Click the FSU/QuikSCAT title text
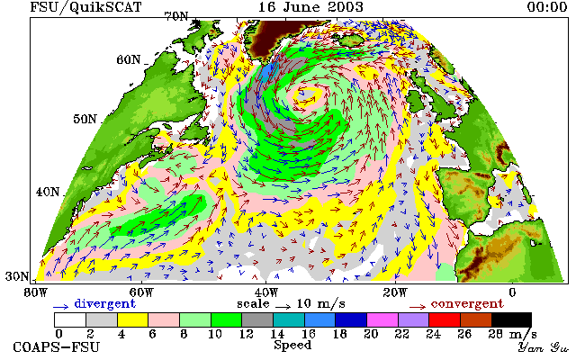(x=85, y=7)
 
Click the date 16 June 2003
(x=310, y=7)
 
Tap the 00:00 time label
(x=547, y=7)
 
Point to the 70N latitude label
(x=176, y=16)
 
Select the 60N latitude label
(x=129, y=59)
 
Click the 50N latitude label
(x=85, y=119)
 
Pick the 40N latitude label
(x=48, y=192)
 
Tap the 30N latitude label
(x=17, y=276)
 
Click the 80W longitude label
(x=35, y=292)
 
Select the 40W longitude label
(x=266, y=292)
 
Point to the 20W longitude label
(x=395, y=292)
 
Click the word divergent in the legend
(x=104, y=303)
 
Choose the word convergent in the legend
(x=467, y=303)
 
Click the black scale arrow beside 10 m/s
(x=283, y=307)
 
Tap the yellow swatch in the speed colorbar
(x=132, y=320)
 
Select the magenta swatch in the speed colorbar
(x=382, y=320)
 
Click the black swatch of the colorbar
(x=511, y=320)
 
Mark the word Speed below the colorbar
(x=292, y=345)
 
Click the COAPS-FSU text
(x=57, y=346)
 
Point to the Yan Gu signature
(x=544, y=347)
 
